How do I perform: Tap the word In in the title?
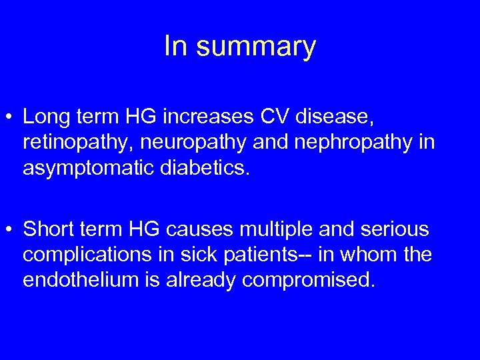pyautogui.click(x=176, y=47)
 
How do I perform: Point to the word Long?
pyautogui.click(x=47, y=118)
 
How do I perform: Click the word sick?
pyautogui.click(x=201, y=255)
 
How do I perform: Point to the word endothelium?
pyautogui.click(x=82, y=279)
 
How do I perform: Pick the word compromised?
pyautogui.click(x=309, y=280)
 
